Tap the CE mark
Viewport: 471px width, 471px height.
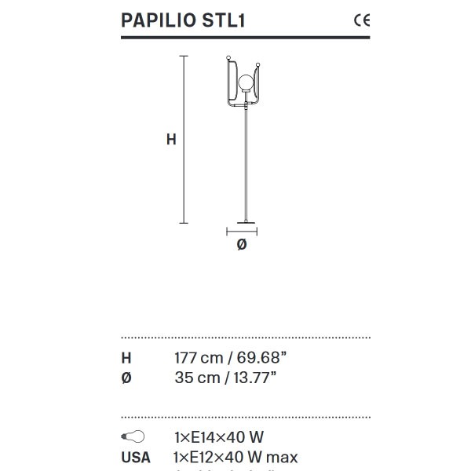(x=362, y=20)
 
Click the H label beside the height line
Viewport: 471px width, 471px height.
(x=171, y=140)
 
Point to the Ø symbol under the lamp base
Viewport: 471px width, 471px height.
(x=242, y=245)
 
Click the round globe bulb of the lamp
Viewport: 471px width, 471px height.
(x=245, y=81)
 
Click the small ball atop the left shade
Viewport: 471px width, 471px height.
(x=228, y=57)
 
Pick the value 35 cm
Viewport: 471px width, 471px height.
(x=195, y=378)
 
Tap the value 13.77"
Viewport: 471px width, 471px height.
(x=252, y=378)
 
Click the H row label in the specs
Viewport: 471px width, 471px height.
(x=126, y=358)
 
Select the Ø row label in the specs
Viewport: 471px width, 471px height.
(x=126, y=378)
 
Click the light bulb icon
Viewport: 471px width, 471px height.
(x=133, y=436)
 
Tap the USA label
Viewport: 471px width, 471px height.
(x=135, y=457)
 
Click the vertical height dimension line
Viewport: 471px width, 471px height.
(x=184, y=140)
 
